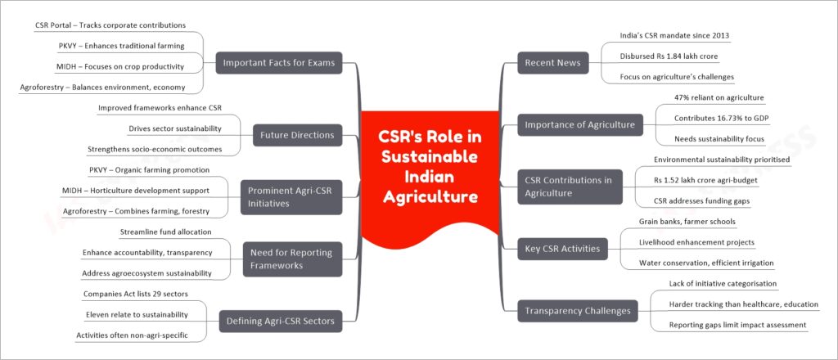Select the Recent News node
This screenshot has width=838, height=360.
tap(553, 62)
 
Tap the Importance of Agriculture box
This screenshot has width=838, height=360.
tap(580, 125)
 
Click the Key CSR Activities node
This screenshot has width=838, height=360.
tap(562, 249)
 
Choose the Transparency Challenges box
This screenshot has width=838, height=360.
tap(578, 311)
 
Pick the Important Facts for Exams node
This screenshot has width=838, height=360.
tap(278, 62)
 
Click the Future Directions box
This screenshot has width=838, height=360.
tap(298, 135)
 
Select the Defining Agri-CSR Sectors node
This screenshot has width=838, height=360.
tap(281, 321)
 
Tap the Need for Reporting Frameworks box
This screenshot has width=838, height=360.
tap(292, 259)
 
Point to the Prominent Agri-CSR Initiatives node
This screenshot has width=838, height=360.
tap(291, 197)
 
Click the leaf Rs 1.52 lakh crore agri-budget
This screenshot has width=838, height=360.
tap(705, 181)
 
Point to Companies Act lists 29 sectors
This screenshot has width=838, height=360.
tap(136, 294)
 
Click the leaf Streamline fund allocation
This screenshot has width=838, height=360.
tap(165, 232)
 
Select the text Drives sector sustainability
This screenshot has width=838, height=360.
tap(175, 128)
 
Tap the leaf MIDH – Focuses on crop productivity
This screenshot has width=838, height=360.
tap(121, 67)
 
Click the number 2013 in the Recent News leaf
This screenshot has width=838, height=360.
tap(721, 36)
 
